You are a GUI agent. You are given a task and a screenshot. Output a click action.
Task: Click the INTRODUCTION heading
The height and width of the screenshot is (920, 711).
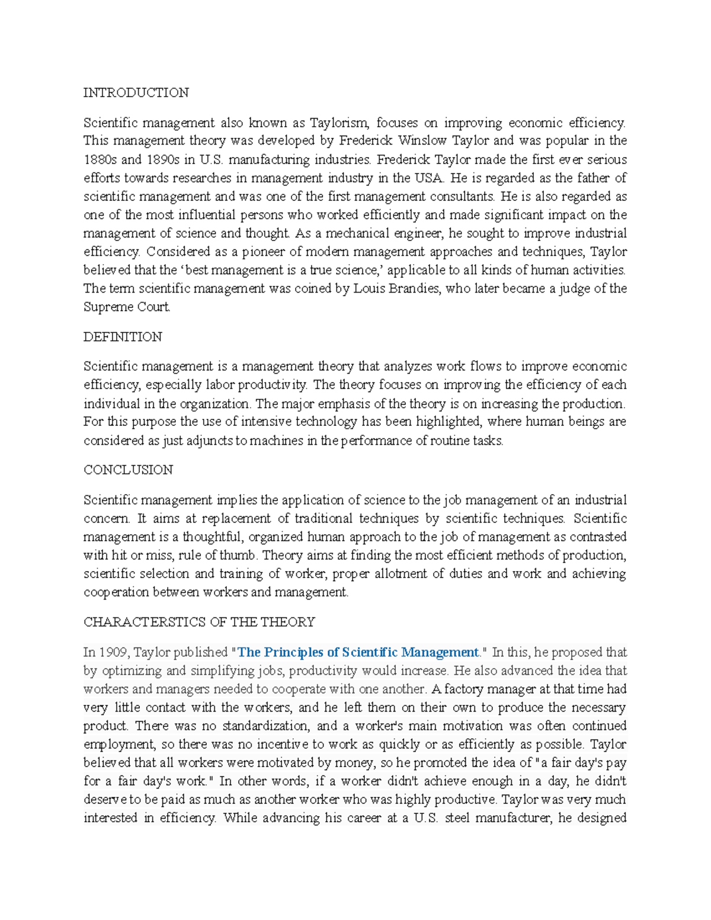(x=136, y=93)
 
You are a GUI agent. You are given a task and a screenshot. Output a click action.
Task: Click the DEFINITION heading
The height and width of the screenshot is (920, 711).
(x=123, y=337)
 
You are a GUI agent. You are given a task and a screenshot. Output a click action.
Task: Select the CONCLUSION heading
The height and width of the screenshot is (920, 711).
(x=128, y=470)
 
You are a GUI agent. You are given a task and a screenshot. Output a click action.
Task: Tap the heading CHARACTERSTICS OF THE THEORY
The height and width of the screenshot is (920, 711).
(x=199, y=622)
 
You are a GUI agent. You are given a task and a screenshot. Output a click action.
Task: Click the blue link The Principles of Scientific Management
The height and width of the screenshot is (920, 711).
(x=358, y=652)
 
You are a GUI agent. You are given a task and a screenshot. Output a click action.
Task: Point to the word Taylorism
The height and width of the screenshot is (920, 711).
(x=340, y=123)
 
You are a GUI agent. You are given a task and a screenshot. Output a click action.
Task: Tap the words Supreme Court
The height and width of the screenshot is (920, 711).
(x=127, y=307)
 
